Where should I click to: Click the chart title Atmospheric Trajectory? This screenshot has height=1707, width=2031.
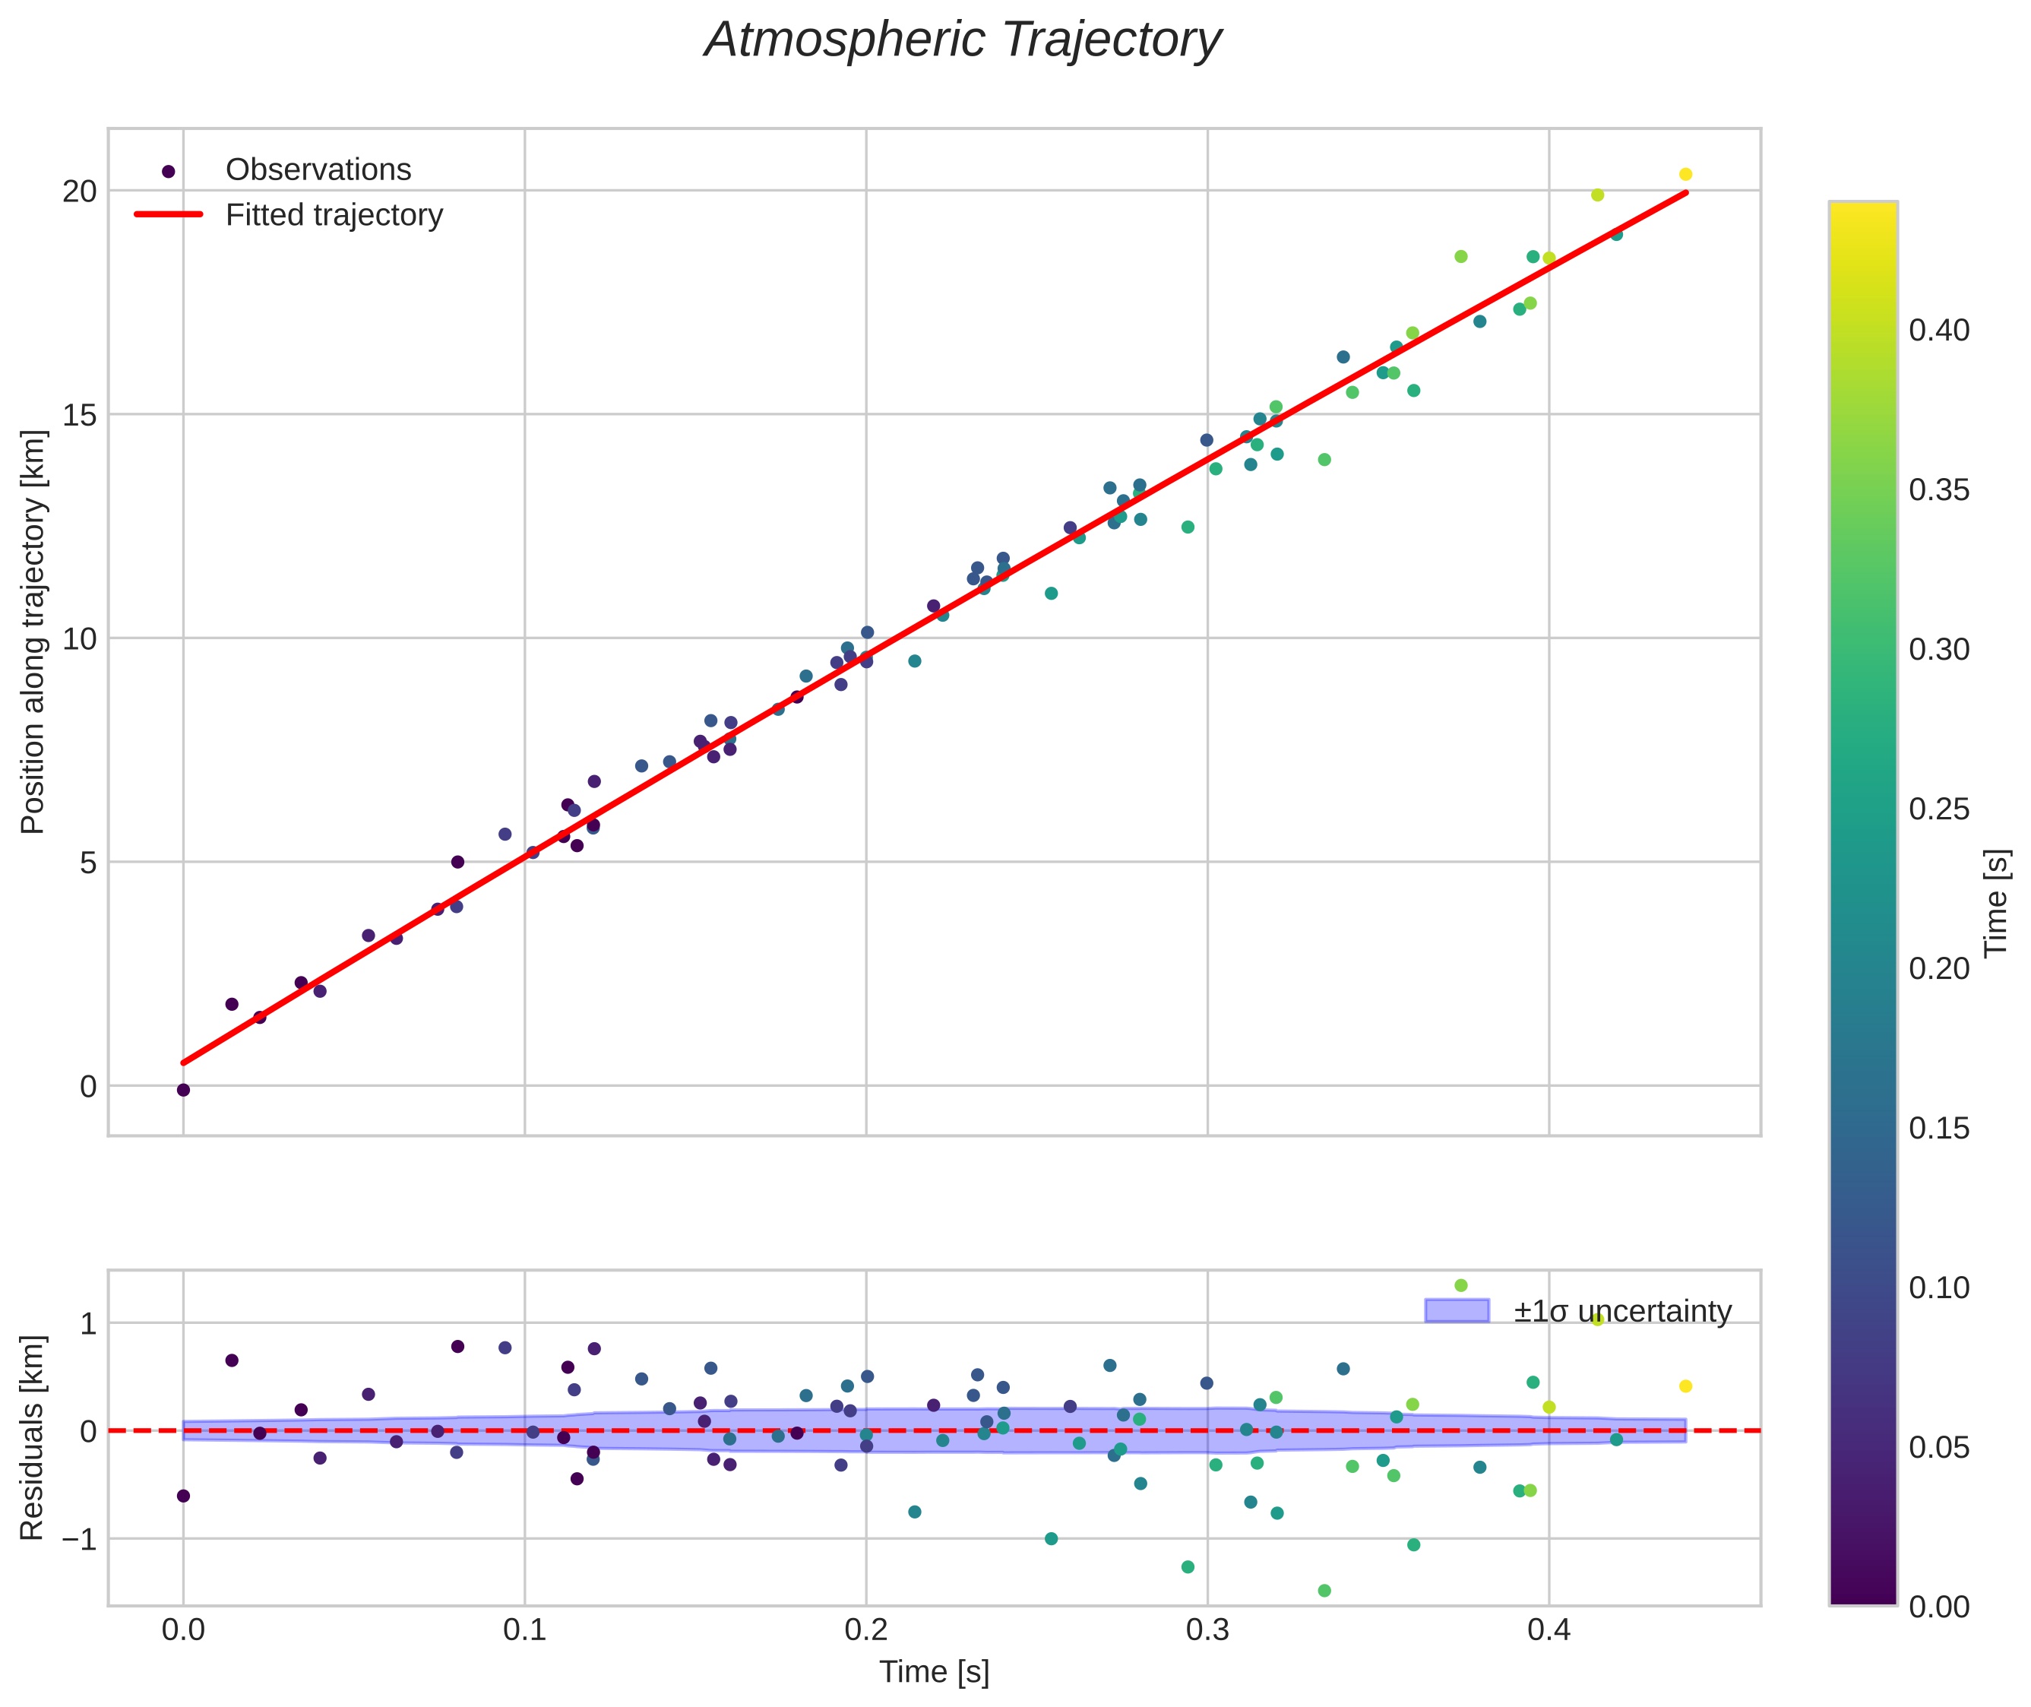point(963,40)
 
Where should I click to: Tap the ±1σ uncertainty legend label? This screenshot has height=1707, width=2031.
point(1621,1313)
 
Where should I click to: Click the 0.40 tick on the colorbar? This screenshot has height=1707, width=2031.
point(1938,331)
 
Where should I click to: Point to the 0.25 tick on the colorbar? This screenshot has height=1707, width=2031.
point(1938,809)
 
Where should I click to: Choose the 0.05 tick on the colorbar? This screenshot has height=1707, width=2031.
point(1938,1448)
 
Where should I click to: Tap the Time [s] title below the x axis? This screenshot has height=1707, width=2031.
point(934,1672)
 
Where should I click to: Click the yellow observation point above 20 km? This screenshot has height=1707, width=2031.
point(1685,174)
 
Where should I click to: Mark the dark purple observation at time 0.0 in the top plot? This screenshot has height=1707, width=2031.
point(183,1090)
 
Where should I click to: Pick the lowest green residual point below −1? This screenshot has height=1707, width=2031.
point(1324,1591)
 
